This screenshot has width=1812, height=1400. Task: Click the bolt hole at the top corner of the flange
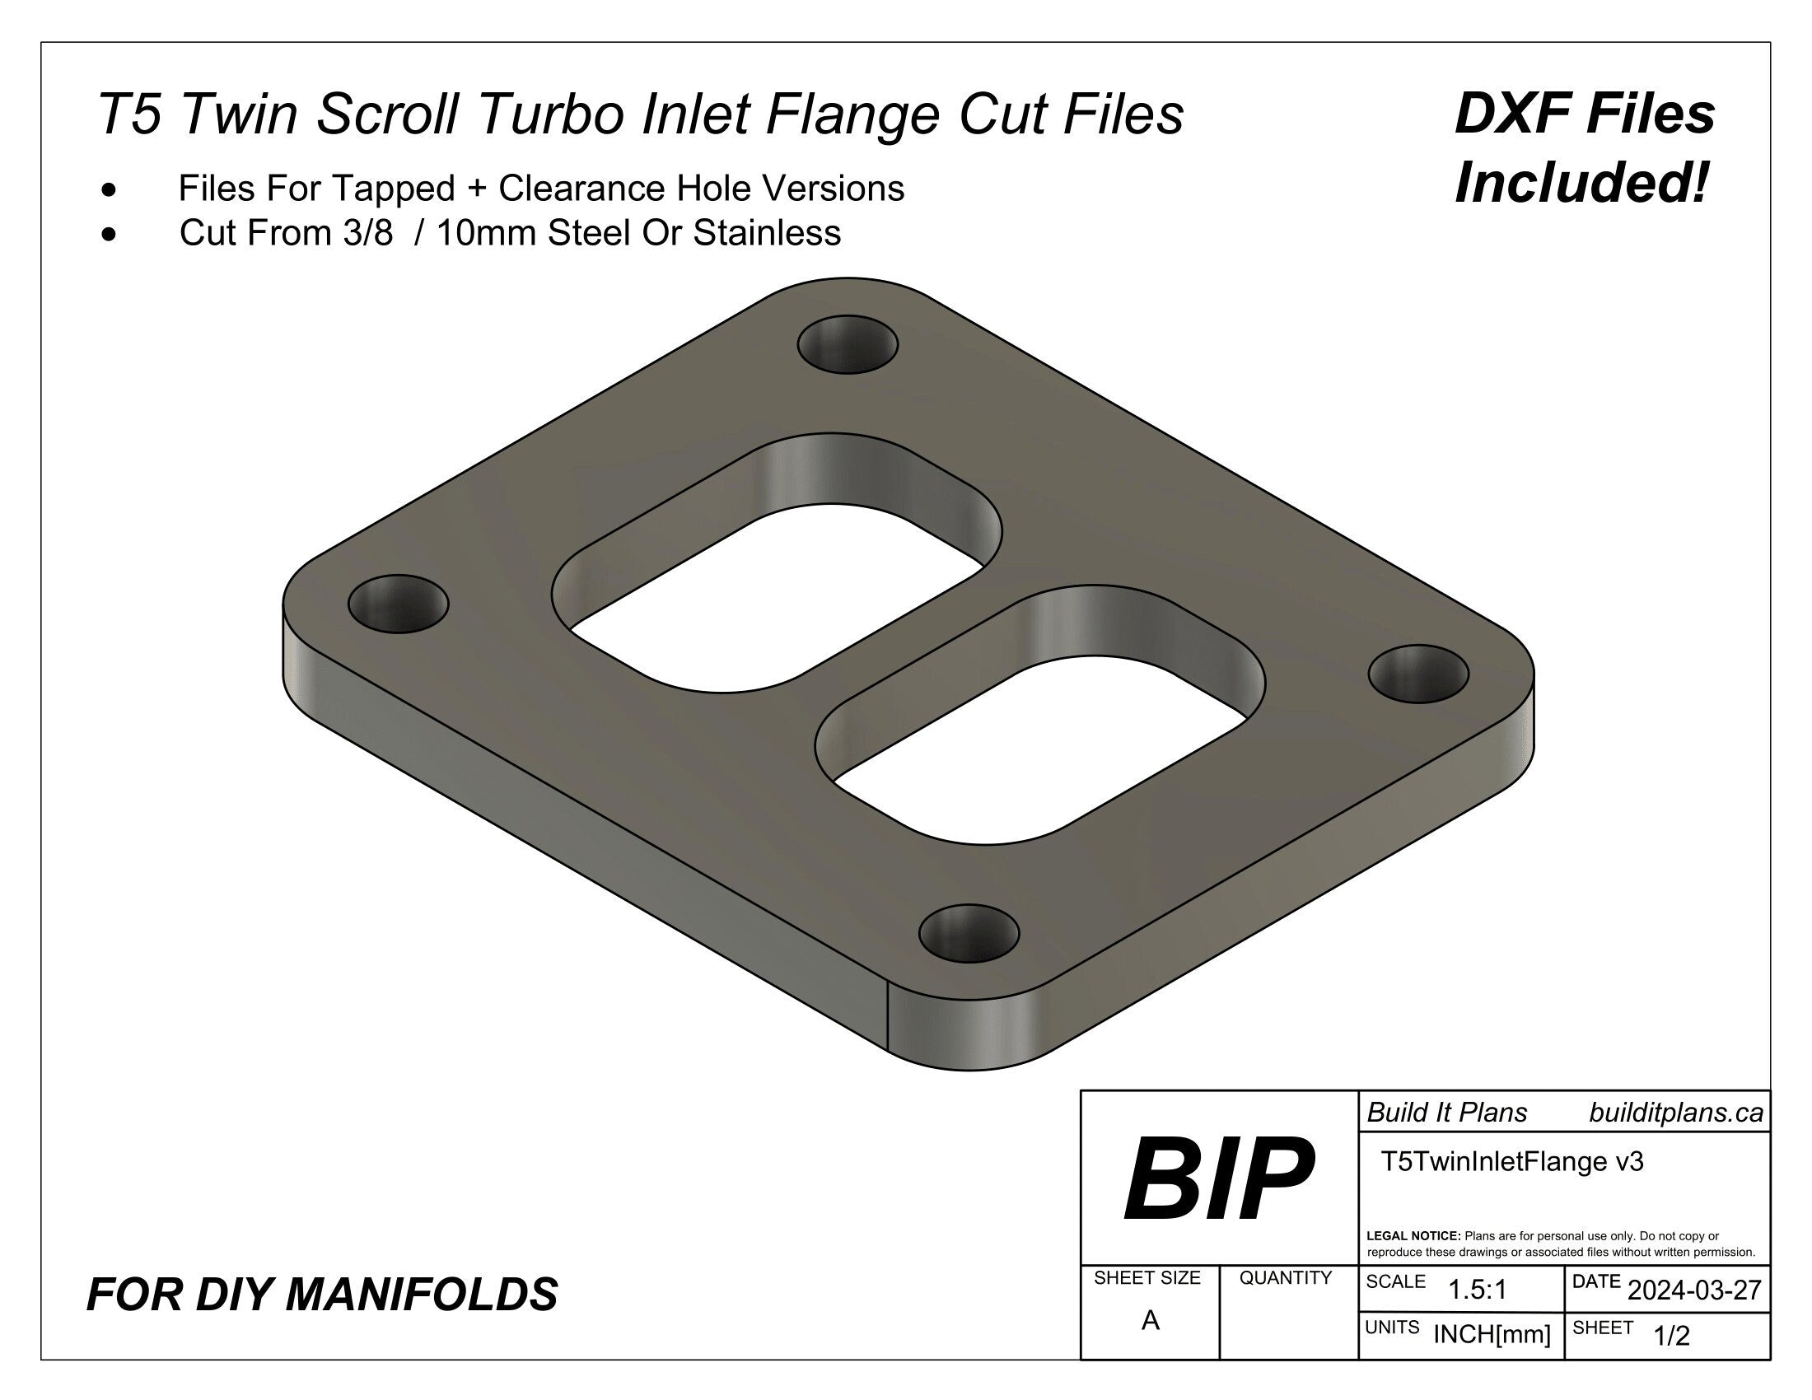pos(847,343)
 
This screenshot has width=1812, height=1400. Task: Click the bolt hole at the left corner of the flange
pos(399,603)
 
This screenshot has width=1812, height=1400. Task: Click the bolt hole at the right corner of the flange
pos(1418,674)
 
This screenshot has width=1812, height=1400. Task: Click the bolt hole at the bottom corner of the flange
pos(969,933)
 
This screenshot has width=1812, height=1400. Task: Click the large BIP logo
pos(1218,1180)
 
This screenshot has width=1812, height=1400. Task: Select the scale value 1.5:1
pos(1477,1290)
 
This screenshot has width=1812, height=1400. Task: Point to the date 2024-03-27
pos(1694,1290)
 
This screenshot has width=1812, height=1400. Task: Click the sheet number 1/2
pos(1671,1336)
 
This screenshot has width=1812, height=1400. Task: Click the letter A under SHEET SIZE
pos(1150,1320)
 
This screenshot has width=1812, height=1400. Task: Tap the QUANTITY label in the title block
pos(1285,1278)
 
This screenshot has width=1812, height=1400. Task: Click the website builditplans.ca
pos(1676,1113)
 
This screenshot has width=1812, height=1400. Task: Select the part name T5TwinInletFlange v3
pos(1511,1161)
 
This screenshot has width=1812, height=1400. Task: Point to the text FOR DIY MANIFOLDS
pos(322,1295)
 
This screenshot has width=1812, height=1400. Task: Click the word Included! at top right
pos(1582,184)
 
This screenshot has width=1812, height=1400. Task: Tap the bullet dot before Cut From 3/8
pos(109,235)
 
